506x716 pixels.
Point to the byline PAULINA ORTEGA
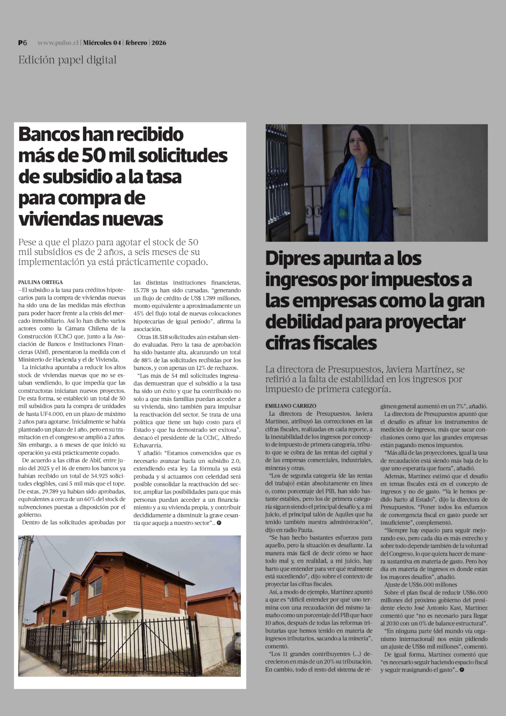[x=41, y=282]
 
